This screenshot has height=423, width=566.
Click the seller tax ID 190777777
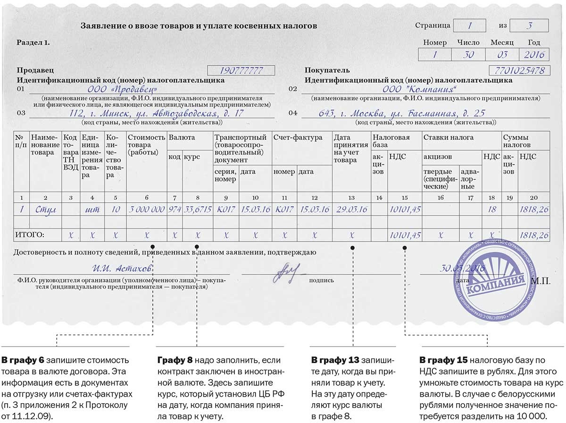241,71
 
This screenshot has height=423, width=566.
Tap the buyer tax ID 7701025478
520,71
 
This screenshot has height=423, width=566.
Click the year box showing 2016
534,54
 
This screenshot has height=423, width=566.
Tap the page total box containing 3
530,25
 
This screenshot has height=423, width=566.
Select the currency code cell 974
174,209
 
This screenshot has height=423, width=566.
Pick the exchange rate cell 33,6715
197,209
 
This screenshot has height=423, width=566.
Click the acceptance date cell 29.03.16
351,209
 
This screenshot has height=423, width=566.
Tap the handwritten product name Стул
45,209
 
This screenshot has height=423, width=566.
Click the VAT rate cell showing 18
491,209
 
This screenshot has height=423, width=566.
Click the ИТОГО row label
30,234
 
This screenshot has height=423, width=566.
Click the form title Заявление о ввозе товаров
199,25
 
